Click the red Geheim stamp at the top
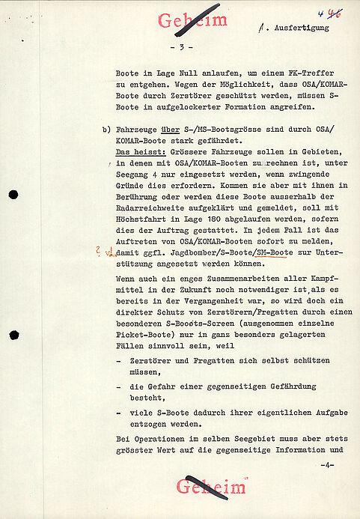tap(192, 21)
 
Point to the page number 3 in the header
tap(182, 47)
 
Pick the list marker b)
tap(106, 130)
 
